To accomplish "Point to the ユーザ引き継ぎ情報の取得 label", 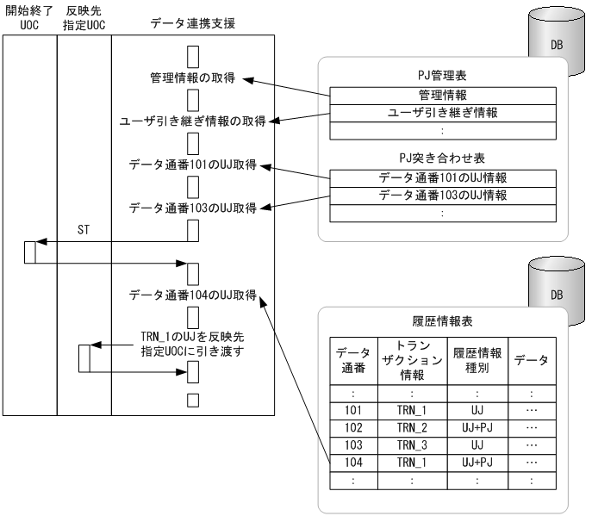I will pos(192,121).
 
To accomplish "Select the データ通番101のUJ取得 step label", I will pos(192,164).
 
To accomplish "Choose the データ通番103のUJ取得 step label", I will pos(192,208).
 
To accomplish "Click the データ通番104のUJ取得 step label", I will pos(192,295).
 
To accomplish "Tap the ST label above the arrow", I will pos(84,230).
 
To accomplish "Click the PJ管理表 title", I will pos(443,76).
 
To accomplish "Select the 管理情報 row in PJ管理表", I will pos(443,96).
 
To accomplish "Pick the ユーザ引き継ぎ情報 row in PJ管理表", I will pos(443,113).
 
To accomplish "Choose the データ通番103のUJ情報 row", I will pos(443,196).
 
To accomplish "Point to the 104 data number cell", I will pos(351,463).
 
